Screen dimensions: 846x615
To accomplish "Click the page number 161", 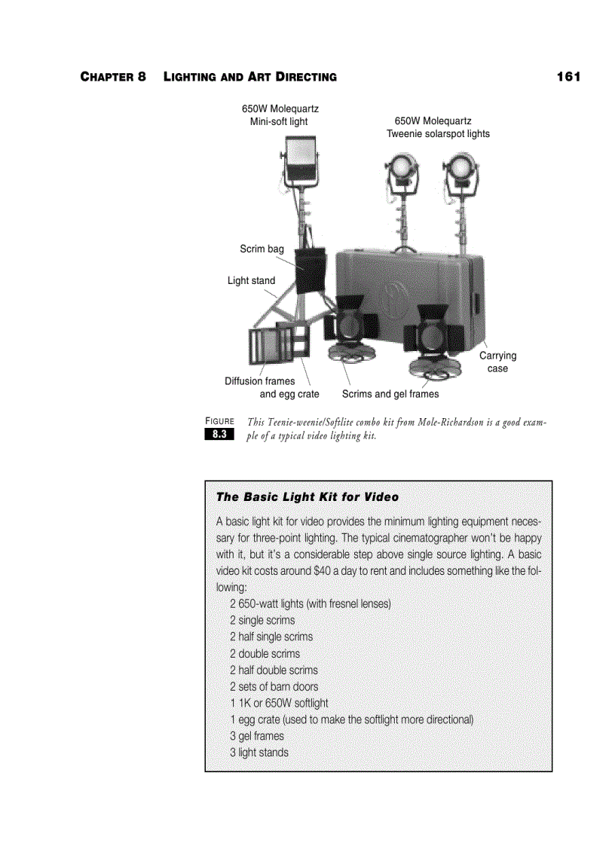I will pos(568,77).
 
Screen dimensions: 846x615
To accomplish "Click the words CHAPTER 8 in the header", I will pos(113,78).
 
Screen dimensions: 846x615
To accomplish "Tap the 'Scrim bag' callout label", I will pos(262,249).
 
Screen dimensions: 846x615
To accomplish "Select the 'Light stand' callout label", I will pos(251,280).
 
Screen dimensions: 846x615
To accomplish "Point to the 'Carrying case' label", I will pos(497,362).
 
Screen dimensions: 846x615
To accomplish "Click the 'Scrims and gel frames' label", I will pos(390,393).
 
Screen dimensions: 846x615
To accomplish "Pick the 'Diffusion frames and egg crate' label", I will pos(271,387).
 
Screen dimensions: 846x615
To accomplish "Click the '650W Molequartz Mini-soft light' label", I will pos(279,115).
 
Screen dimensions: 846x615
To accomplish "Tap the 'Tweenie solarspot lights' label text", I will pos(438,134).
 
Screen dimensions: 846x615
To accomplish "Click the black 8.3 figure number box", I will pos(219,435).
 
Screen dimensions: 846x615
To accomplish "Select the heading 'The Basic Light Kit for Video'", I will pos(307,497).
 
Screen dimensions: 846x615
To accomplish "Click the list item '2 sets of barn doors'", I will pos(274,686).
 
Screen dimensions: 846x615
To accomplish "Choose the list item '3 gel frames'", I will pos(256,736).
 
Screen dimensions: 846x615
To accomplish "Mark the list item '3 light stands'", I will pos(259,753).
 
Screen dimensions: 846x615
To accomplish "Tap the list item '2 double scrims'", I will pos(265,654).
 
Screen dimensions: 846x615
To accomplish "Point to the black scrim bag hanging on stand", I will pos(310,270).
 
